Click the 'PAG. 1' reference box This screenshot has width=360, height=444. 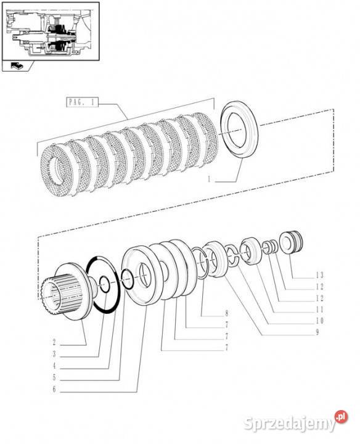(x=82, y=102)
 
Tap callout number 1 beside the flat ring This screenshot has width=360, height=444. (x=209, y=179)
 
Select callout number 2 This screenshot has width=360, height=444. (x=54, y=342)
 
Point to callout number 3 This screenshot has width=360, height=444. (x=54, y=354)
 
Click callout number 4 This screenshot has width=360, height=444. (x=54, y=366)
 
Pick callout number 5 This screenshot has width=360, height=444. (x=54, y=377)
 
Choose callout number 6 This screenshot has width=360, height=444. (x=54, y=389)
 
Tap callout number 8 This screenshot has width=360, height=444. (x=227, y=313)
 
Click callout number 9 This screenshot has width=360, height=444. (x=317, y=332)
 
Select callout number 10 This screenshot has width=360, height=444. (x=319, y=321)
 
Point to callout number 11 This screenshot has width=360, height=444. (x=319, y=310)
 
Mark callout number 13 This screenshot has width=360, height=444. (x=319, y=275)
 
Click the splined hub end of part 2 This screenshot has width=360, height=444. (x=52, y=295)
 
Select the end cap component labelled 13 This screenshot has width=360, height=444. (x=291, y=243)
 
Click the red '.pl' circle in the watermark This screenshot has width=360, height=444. (x=342, y=417)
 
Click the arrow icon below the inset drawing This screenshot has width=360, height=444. (x=17, y=66)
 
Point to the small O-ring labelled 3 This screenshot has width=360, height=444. (x=105, y=284)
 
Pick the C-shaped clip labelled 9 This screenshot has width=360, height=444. (x=232, y=255)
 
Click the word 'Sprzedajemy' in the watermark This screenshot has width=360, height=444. (x=289, y=423)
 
